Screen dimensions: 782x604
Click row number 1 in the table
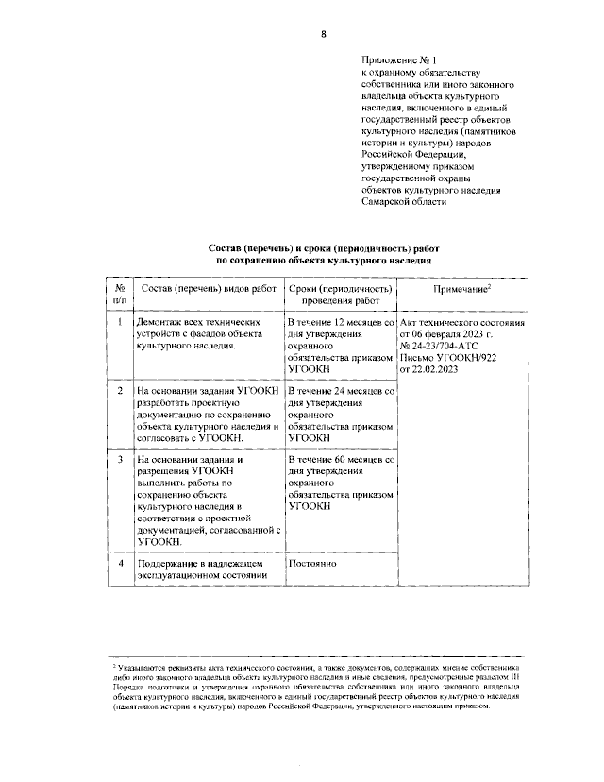point(120,323)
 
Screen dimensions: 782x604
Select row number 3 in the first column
point(120,460)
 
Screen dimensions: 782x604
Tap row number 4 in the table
point(120,564)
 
